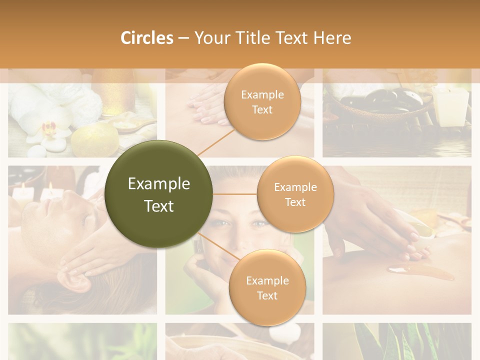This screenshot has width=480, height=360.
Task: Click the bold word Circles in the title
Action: pos(146,38)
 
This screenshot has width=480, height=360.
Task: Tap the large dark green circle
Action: pos(159,194)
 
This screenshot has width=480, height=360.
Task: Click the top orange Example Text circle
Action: pos(262,102)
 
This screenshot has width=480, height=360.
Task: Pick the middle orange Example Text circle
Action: pos(295,194)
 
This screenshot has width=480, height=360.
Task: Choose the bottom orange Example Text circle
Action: pos(267,287)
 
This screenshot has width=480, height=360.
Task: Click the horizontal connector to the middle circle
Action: pos(235,194)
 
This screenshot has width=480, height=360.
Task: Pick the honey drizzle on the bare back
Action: pos(420,272)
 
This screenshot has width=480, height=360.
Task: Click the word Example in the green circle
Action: pos(159,184)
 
